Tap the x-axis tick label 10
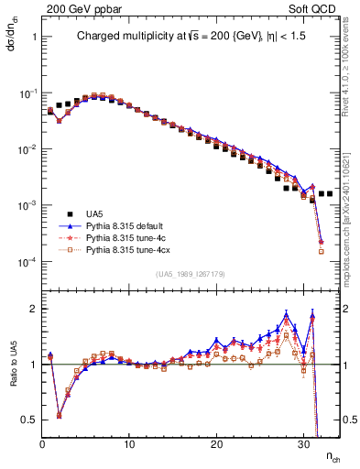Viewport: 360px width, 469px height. tap(130, 444)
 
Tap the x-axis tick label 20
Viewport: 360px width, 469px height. tap(216, 444)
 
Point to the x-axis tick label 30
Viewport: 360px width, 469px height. tap(302, 444)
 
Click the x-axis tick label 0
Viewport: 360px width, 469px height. tap(43, 444)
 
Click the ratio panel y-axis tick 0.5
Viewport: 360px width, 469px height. tap(29, 420)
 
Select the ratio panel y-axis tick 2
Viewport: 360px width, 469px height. tap(32, 308)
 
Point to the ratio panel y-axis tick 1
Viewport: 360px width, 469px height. tap(32, 364)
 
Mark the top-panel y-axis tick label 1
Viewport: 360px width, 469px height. tap(33, 38)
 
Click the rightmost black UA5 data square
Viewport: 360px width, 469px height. tap(329, 194)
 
